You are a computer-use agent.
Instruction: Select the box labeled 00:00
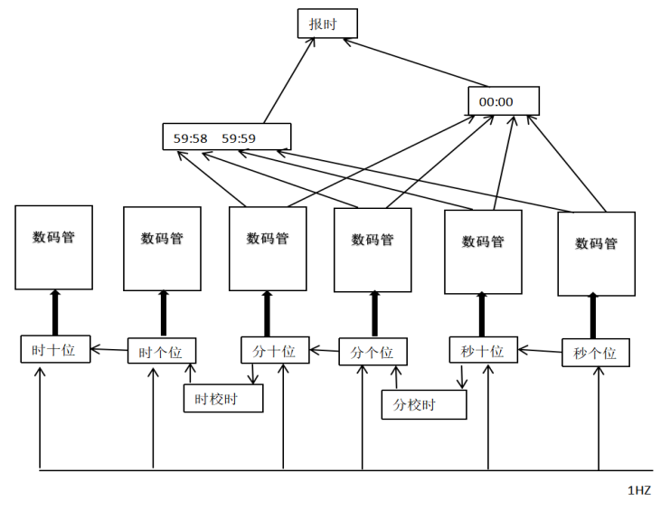pos(503,101)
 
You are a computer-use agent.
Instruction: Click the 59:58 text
pos(191,139)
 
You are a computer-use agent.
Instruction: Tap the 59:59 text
pos(239,139)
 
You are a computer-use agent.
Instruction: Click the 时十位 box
pos(56,350)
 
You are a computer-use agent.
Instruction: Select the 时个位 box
pos(160,352)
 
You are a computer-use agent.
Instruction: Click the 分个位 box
pos(373,352)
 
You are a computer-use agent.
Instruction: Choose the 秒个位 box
pos(595,353)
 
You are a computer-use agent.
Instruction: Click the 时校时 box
pos(222,399)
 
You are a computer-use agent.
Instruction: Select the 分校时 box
pos(423,405)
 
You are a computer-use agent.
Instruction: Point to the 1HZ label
pos(638,489)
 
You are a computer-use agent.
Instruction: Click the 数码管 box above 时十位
pos(53,247)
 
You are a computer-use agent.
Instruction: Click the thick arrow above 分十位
pos(268,313)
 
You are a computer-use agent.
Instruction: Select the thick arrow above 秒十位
pos(482,315)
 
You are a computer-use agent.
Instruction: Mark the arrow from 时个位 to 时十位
pos(109,349)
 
